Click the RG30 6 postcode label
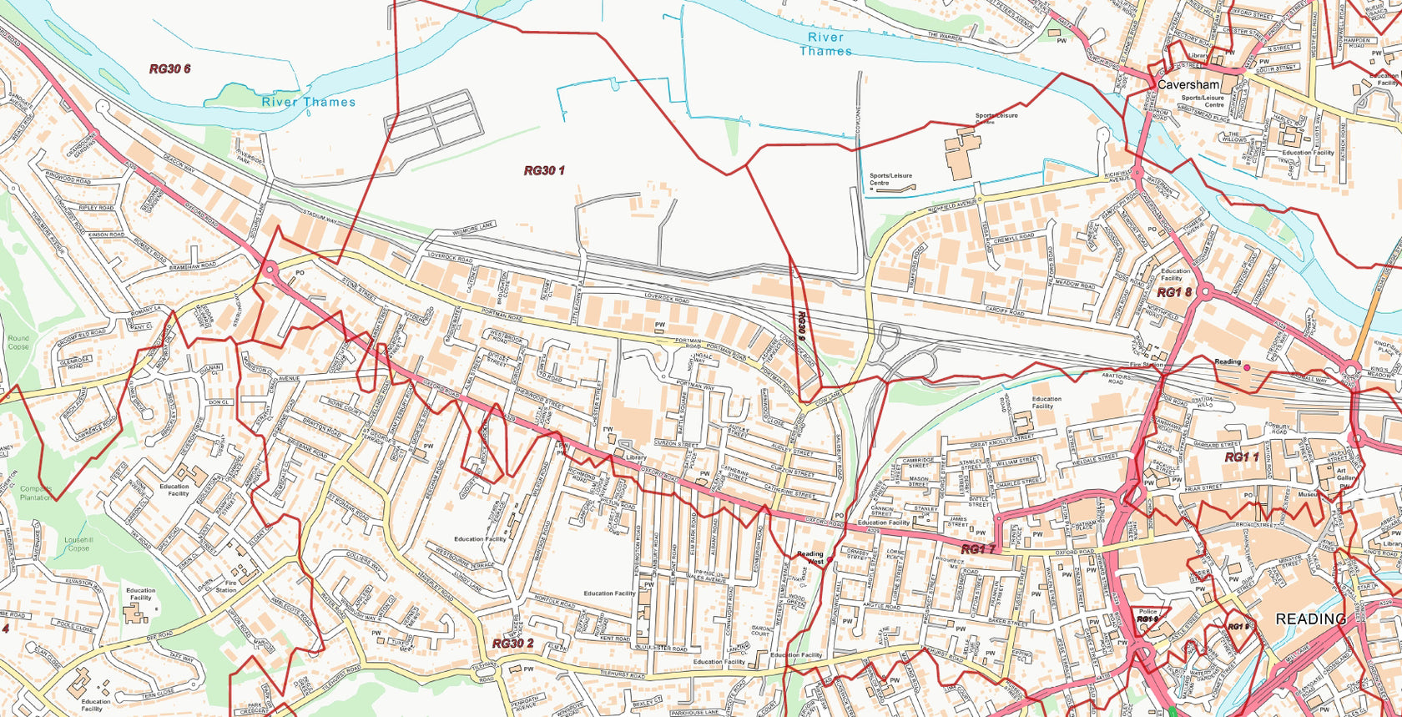point(169,69)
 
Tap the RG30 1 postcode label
point(544,171)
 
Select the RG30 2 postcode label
point(512,644)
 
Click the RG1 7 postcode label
point(978,549)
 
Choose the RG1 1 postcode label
point(1241,457)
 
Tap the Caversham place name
point(1188,85)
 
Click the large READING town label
point(1310,619)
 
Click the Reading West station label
point(809,558)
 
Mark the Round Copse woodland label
point(18,342)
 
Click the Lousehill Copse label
point(77,543)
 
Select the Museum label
point(1308,495)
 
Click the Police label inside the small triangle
point(1147,612)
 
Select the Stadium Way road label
point(320,219)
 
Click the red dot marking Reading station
point(1247,366)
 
